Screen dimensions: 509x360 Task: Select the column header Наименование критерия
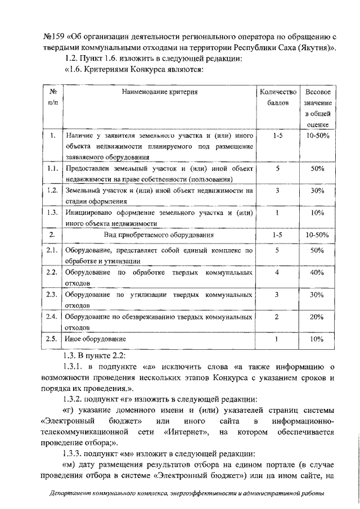(x=160, y=91)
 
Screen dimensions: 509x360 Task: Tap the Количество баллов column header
(x=277, y=97)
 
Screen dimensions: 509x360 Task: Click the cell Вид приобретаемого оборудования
(x=160, y=234)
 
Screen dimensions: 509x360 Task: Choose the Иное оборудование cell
(x=94, y=339)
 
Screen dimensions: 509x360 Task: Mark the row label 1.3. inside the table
(x=52, y=212)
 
